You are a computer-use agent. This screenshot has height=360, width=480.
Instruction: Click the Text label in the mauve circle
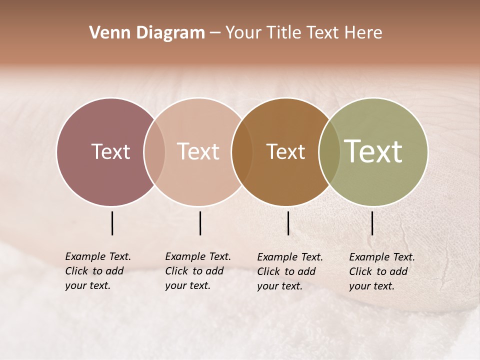[110, 151]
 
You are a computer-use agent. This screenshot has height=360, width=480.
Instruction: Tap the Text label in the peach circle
[198, 151]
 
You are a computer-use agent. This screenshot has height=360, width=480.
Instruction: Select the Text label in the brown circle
[285, 151]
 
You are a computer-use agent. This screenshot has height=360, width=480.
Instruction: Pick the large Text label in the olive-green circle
[373, 151]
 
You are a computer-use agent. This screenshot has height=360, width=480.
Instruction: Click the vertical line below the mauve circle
[112, 223]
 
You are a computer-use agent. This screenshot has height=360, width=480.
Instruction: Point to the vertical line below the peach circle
[200, 223]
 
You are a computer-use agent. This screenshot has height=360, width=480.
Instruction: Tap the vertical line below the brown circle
[288, 223]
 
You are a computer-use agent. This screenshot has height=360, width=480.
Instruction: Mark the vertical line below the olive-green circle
[372, 223]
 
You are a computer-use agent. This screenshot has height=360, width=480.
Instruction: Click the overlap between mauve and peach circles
[154, 151]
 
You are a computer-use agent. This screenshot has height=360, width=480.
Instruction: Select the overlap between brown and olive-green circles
[329, 151]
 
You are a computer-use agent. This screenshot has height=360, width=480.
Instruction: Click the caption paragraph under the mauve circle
[98, 271]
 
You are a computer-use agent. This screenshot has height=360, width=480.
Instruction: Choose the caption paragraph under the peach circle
[198, 271]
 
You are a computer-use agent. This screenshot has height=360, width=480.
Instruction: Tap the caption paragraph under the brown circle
[290, 271]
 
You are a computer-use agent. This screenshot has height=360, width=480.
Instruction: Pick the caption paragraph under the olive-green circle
[382, 271]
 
